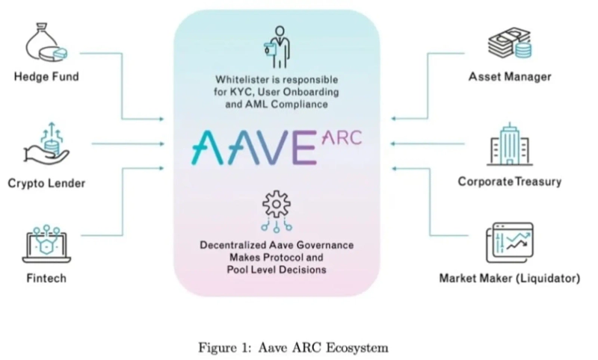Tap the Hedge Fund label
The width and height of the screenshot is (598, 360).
coord(46,77)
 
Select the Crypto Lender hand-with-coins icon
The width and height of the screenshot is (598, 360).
coord(46,144)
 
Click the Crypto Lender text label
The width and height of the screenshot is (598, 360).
coord(46,183)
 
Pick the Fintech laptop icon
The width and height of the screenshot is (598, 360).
coord(46,244)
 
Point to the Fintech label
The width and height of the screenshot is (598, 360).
coord(46,279)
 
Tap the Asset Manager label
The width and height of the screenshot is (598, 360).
coord(510,77)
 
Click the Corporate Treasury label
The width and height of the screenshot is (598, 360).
coord(510,181)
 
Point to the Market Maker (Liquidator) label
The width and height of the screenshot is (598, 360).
coord(510,279)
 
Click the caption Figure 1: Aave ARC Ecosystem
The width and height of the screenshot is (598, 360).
coord(293,347)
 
